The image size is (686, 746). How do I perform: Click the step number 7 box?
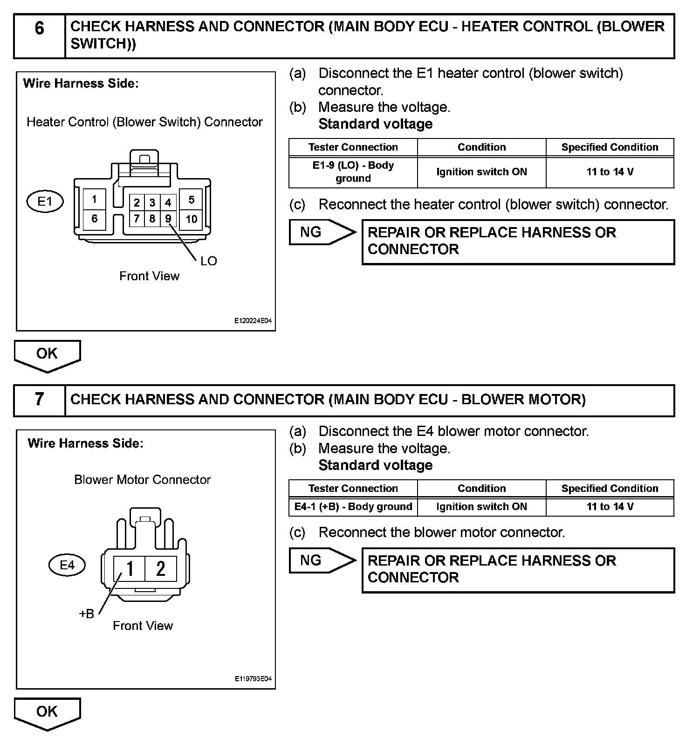pos(40,400)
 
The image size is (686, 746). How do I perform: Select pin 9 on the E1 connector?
pos(168,218)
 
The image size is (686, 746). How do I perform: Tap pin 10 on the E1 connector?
pos(191,219)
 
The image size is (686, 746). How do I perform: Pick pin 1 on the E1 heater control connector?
pos(94,200)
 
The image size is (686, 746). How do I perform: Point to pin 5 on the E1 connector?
pos(191,200)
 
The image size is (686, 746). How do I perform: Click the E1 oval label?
pos(45,202)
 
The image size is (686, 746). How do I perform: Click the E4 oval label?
pos(67,565)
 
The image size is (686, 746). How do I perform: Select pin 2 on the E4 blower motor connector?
pos(161,568)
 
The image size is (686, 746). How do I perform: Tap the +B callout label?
pos(87,614)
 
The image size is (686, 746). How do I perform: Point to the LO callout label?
pos(208,261)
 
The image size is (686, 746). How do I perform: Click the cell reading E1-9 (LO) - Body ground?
pos(353,172)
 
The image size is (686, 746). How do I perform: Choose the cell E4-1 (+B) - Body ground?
pos(353,507)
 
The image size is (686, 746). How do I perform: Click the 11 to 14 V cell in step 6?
pos(610,172)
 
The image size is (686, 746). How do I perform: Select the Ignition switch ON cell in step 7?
pos(481,507)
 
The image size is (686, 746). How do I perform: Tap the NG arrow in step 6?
pos(322,232)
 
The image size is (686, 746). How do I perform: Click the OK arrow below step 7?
pos(47,713)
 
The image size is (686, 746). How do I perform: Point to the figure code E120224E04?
pos(253,321)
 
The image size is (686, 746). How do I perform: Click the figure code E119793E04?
pos(253,679)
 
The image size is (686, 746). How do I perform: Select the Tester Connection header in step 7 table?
pos(353,488)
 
